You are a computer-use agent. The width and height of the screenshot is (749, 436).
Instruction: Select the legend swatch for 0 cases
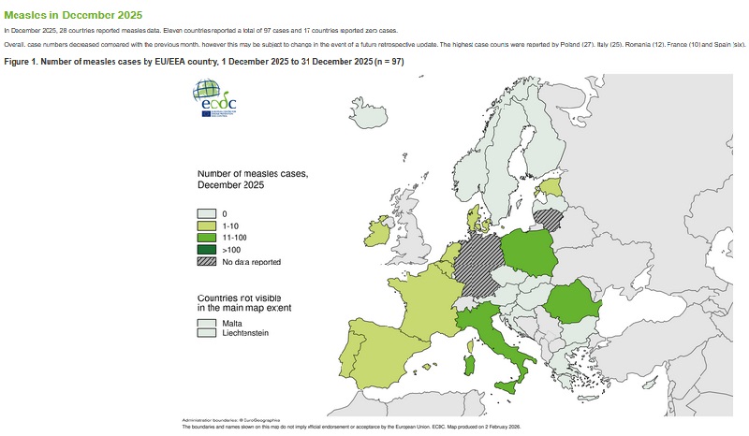(x=206, y=213)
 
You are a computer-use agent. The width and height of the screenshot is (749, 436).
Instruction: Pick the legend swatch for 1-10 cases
(x=206, y=225)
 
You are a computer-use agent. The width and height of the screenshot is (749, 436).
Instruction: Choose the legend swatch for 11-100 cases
(x=206, y=238)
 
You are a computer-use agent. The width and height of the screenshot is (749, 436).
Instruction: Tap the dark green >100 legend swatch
(x=206, y=250)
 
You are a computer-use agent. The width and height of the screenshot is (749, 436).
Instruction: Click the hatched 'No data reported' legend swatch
(x=206, y=262)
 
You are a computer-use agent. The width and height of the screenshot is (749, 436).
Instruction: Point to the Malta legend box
(x=206, y=323)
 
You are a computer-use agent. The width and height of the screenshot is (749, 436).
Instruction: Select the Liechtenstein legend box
(x=206, y=334)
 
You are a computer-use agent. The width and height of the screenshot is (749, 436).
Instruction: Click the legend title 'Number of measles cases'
(x=253, y=173)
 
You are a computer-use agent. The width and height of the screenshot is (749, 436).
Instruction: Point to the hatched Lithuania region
(x=548, y=218)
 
